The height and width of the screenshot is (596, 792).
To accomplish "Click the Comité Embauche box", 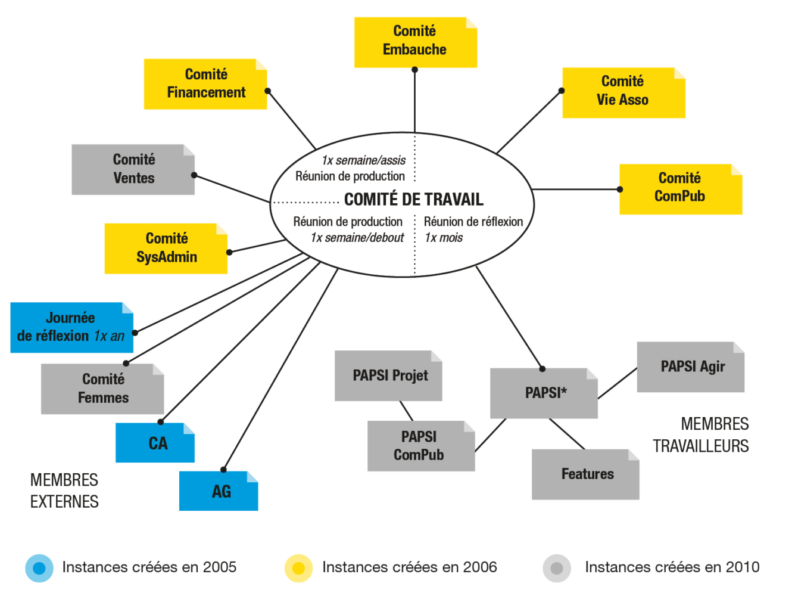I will coord(415,42).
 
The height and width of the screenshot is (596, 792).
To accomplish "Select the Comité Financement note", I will coord(205,83).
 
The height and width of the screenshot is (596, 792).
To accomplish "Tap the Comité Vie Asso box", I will coord(623,92).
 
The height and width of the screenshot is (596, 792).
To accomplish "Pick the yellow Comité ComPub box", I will coord(681,188).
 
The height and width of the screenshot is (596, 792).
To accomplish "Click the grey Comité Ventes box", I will coord(133,169).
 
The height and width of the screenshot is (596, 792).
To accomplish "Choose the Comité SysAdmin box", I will coord(166,248).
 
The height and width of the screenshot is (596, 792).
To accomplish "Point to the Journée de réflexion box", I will coord(71,327).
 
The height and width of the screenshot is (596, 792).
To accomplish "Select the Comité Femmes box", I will coord(102,389).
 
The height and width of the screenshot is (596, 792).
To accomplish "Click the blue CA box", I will coord(155,443).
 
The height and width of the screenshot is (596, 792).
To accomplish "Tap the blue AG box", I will coord(219,491).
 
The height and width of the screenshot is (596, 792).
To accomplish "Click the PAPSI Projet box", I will coord(388,375).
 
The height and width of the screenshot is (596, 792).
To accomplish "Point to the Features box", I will coord(586,474).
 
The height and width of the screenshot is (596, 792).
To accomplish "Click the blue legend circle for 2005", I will coord(39,568).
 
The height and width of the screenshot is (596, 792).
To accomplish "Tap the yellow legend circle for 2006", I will coord(298,568).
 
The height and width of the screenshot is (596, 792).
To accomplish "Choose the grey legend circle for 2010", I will coord(557,568).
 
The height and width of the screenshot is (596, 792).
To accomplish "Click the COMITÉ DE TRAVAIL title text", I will coord(414,199).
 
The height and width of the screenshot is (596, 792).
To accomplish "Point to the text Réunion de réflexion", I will coord(473,222).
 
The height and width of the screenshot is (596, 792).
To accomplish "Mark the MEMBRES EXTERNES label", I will coord(64,491).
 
